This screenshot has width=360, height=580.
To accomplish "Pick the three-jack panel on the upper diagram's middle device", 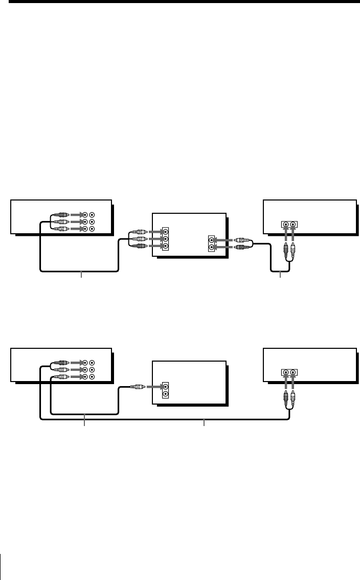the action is point(165,239).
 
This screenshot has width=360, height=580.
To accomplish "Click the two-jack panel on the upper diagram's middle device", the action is point(212,243).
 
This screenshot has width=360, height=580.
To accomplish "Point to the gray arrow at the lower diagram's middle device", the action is point(153,387).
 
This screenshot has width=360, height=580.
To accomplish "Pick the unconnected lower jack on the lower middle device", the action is point(165,394).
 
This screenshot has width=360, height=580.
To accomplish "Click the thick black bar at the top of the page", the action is point(180,2).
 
